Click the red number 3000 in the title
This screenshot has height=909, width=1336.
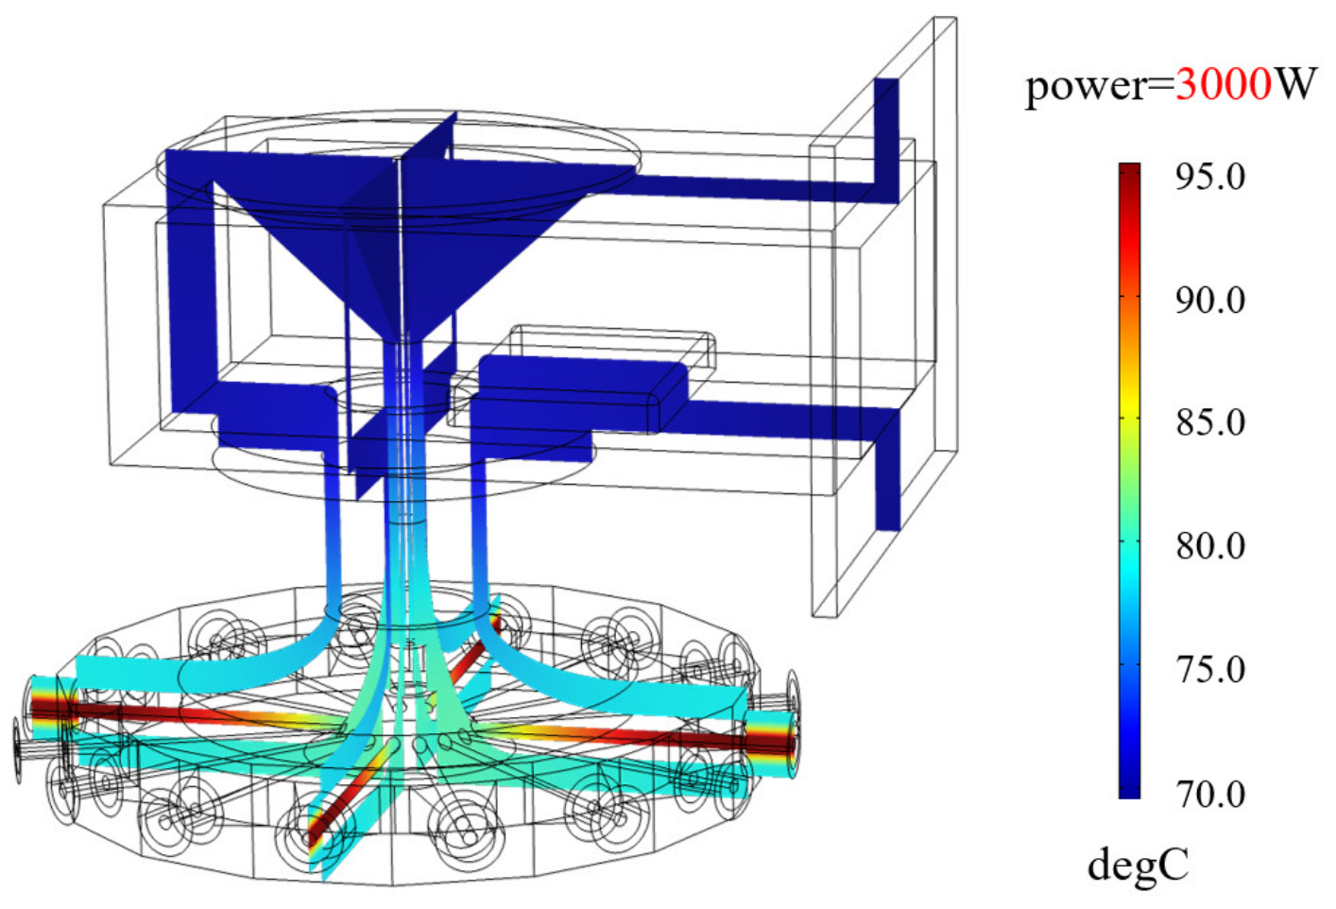pos(1224,85)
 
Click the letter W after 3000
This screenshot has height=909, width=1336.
pos(1294,85)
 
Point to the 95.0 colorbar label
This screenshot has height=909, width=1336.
pos(1210,177)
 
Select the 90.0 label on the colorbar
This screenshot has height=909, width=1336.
pos(1210,300)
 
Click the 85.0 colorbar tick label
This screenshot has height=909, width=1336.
pos(1210,423)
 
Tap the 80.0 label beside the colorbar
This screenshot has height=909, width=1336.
pos(1210,546)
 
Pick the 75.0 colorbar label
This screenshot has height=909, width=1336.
pos(1210,670)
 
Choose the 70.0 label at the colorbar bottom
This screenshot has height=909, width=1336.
pos(1210,795)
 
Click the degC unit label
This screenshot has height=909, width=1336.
pos(1139,867)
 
